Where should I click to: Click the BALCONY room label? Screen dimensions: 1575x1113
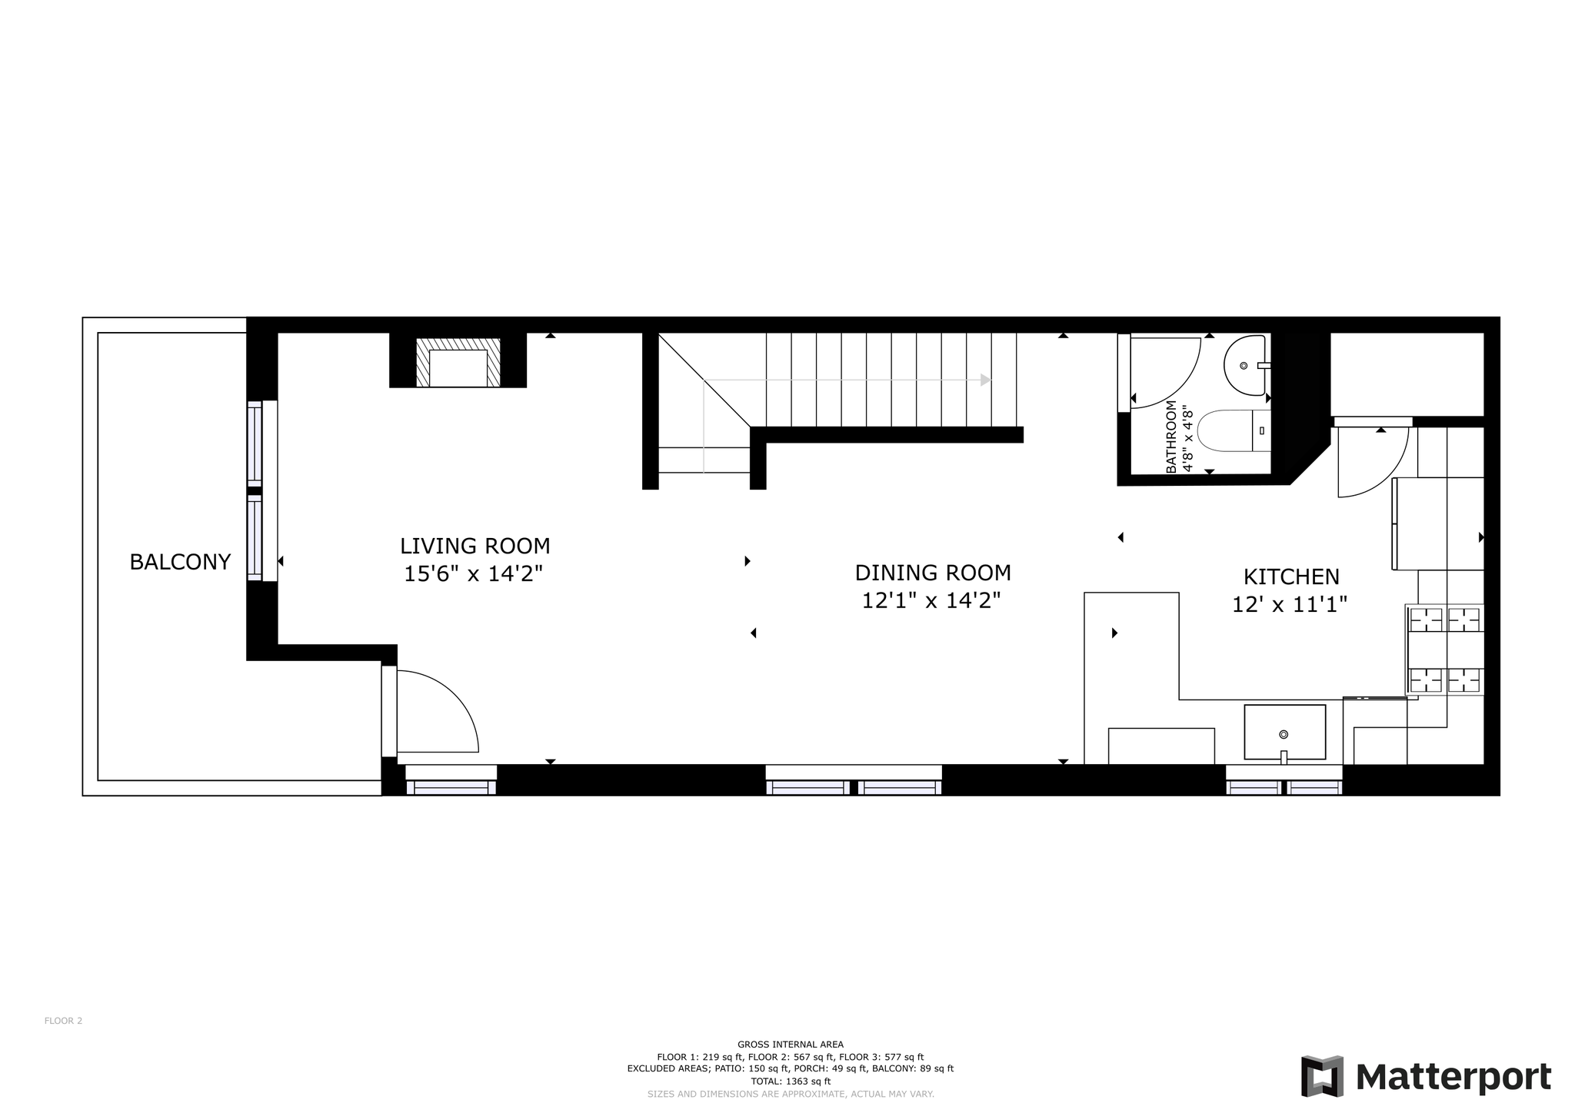tap(180, 562)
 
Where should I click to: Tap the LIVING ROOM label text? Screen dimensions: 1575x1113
tap(475, 546)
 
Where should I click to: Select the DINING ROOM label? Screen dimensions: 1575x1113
tap(933, 573)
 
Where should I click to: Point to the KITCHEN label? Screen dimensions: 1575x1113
tap(1291, 576)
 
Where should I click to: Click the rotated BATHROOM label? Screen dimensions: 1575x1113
tap(1171, 437)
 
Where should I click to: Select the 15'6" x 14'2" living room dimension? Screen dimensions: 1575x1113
tap(474, 573)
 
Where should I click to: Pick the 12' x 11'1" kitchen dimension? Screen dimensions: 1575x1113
tap(1290, 604)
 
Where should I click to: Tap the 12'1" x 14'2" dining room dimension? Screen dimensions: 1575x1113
tap(931, 600)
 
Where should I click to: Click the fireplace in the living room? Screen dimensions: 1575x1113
tap(458, 362)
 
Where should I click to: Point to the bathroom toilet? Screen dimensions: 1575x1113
tap(1234, 430)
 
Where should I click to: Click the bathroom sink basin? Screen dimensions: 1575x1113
tap(1245, 365)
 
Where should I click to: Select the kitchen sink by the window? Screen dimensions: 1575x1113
tap(1284, 732)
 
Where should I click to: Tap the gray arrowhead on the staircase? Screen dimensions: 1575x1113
tap(985, 380)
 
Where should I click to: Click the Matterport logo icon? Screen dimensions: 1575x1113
tap(1322, 1076)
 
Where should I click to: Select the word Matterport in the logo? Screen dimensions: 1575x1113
tap(1453, 1078)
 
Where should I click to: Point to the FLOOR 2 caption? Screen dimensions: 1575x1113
tap(63, 1021)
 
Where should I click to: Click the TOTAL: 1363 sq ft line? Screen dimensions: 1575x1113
tap(791, 1081)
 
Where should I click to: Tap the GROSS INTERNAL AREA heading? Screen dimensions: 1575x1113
tap(791, 1044)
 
